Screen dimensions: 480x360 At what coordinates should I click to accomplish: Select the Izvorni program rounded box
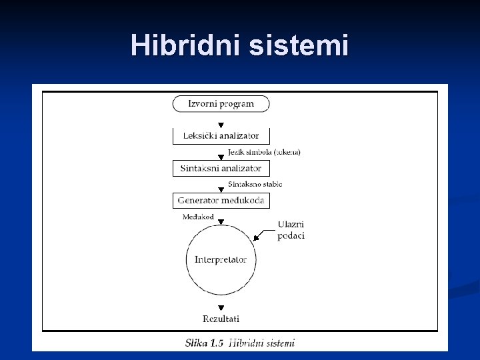point(221,104)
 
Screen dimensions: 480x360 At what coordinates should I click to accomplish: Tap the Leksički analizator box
point(221,135)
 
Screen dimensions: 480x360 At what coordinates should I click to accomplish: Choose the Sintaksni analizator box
point(221,168)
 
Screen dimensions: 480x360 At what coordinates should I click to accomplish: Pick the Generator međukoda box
point(221,200)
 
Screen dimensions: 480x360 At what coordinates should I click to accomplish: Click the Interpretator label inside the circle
point(221,259)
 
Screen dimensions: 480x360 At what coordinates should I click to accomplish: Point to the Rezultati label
point(221,319)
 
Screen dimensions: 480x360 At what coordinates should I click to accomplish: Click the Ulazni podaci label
point(291,230)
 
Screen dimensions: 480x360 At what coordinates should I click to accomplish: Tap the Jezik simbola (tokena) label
point(264,152)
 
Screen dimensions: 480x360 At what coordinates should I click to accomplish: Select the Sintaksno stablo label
point(255,184)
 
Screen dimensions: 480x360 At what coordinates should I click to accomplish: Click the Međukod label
point(198,217)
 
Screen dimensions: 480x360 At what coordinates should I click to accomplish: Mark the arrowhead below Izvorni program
point(221,125)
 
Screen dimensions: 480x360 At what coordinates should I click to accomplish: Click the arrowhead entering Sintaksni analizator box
point(221,158)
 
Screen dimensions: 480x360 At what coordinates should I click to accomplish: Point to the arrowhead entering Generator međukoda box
point(221,190)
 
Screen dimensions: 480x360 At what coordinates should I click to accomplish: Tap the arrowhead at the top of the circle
point(221,222)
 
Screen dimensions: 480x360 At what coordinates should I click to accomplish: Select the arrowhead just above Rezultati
point(221,308)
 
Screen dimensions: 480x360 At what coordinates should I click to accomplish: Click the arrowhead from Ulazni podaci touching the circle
point(256,238)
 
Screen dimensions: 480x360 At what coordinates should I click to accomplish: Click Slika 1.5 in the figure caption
point(204,343)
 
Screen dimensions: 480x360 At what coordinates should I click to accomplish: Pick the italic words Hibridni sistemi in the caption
point(261,343)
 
